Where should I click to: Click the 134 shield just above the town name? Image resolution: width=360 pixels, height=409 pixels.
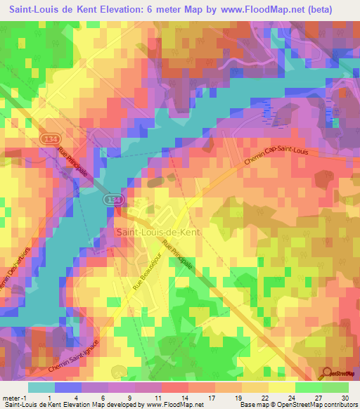click(x=112, y=200)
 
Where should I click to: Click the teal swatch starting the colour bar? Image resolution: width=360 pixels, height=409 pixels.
click(x=41, y=387)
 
